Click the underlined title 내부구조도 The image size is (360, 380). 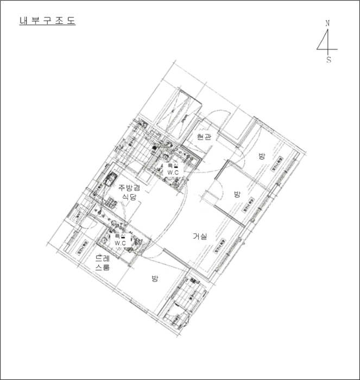tap(47, 22)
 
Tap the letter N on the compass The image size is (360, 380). tap(327, 23)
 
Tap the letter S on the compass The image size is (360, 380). tap(329, 60)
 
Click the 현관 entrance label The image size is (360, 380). tap(203, 137)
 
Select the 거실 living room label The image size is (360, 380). tap(200, 236)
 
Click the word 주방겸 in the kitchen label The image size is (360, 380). tap(129, 187)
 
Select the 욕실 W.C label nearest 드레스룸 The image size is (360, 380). tap(120, 239)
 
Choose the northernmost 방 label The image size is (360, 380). tap(262, 156)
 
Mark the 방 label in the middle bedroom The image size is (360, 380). tap(237, 194)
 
